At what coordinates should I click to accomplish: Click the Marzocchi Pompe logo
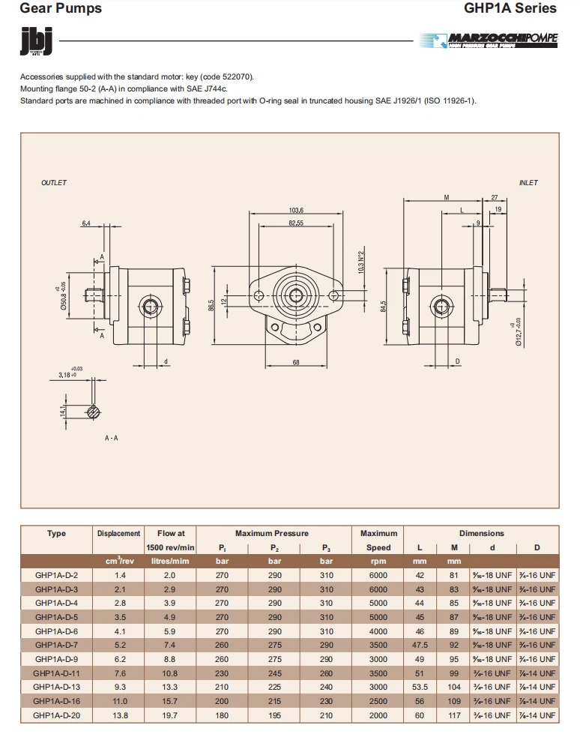pyautogui.click(x=490, y=40)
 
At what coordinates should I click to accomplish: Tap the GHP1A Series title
pyautogui.click(x=510, y=9)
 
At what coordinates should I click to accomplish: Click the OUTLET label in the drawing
pyautogui.click(x=54, y=183)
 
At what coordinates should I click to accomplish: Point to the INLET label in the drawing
pyautogui.click(x=528, y=183)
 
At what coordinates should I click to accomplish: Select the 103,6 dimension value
pyautogui.click(x=296, y=211)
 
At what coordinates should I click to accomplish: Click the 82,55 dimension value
pyautogui.click(x=296, y=223)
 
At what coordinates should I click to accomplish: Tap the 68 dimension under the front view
pyautogui.click(x=296, y=363)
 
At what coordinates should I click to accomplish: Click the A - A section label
pyautogui.click(x=111, y=438)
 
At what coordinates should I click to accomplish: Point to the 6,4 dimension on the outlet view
pyautogui.click(x=86, y=223)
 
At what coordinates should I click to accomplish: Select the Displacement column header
pyautogui.click(x=118, y=534)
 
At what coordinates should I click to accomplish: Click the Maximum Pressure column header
pyautogui.click(x=271, y=534)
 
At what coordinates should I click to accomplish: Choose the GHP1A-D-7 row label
pyautogui.click(x=56, y=646)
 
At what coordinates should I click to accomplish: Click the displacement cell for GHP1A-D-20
pyautogui.click(x=120, y=716)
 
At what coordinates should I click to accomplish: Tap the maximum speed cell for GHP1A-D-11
pyautogui.click(x=378, y=674)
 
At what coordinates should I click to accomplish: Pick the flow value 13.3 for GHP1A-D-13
pyautogui.click(x=170, y=688)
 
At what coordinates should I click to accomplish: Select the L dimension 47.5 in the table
pyautogui.click(x=420, y=646)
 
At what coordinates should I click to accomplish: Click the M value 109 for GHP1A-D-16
pyautogui.click(x=454, y=702)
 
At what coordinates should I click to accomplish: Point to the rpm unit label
pyautogui.click(x=378, y=562)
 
